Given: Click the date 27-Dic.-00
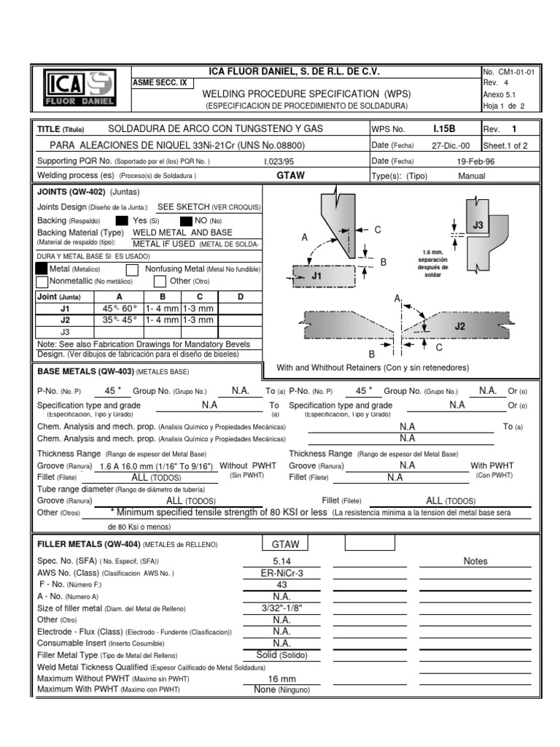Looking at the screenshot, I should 451,145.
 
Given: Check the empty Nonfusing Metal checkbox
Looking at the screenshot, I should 133,269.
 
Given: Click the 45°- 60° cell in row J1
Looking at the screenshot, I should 119,309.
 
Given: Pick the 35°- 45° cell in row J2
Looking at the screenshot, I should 119,320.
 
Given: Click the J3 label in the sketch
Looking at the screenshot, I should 478,225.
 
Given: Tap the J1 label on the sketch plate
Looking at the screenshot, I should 316,276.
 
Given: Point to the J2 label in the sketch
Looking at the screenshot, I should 459,327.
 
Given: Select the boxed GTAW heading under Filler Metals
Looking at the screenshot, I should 285,544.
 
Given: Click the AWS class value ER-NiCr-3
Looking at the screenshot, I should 281,573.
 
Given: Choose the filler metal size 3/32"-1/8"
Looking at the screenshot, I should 281,608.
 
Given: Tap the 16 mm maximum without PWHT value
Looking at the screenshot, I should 281,678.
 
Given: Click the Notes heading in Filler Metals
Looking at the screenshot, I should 475,561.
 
